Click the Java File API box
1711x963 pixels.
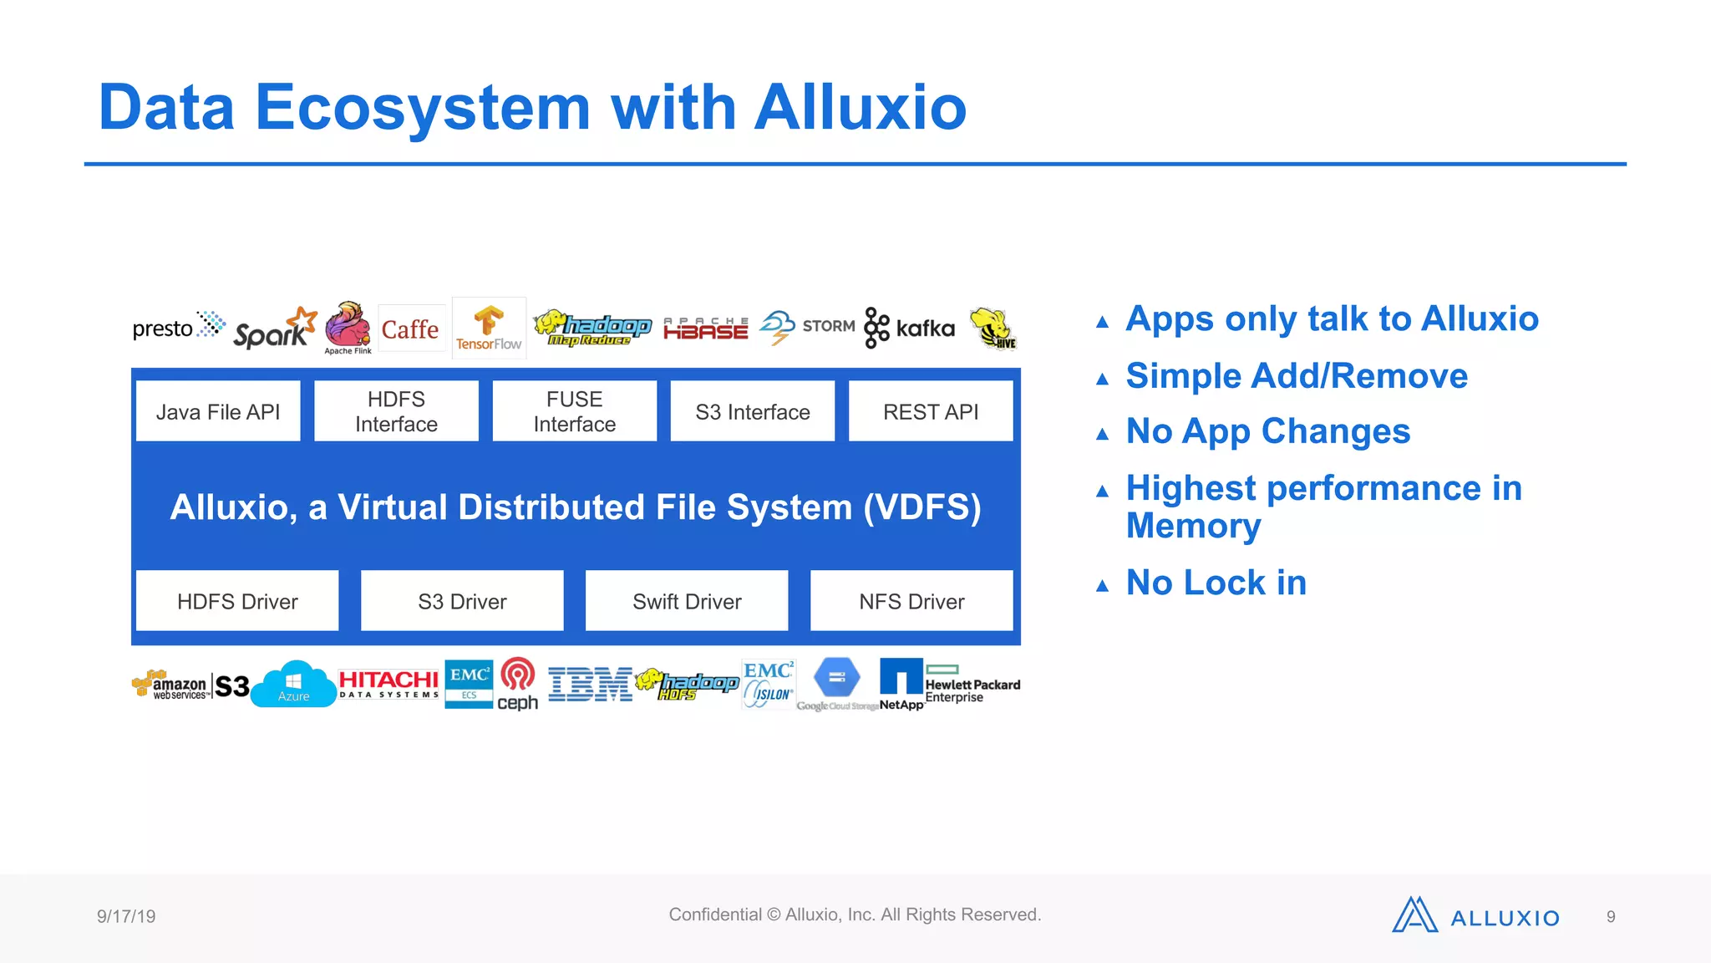218,411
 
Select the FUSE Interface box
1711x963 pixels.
574,411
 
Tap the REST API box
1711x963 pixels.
931,411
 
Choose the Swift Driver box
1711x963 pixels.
687,601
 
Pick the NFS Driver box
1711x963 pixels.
911,601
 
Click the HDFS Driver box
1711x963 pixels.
237,601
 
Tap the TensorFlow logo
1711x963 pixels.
489,329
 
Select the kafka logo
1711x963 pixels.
910,328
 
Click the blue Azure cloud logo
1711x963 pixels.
293,685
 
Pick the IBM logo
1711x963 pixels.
590,685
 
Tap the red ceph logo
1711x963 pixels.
518,684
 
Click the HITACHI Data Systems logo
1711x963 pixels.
388,684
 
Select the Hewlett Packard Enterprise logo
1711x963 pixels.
972,685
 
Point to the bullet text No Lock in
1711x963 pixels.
1216,583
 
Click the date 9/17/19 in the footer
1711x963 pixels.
126,916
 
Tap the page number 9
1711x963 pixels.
1611,917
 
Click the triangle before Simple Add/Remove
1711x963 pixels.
1103,380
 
